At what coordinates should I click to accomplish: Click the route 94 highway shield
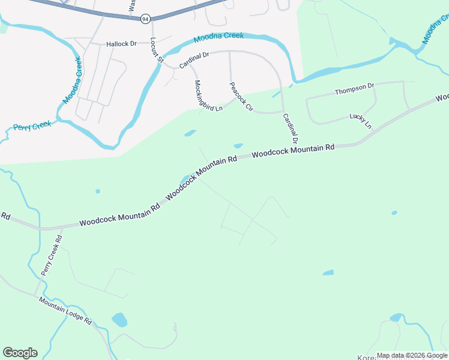pos(145,20)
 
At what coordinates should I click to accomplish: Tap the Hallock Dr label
pos(122,44)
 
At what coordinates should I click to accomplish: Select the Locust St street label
pos(157,50)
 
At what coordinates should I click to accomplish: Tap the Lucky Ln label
pos(361,121)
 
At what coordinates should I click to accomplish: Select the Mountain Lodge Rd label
pos(65,311)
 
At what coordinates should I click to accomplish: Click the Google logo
pos(20,353)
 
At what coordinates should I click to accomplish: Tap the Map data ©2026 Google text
pos(411,355)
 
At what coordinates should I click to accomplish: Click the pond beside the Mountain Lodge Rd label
pos(119,319)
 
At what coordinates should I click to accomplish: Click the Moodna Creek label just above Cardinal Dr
pos(218,37)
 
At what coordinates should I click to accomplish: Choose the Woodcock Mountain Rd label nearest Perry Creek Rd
pos(119,214)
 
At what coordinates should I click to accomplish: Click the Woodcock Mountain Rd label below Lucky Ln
pos(293,151)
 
